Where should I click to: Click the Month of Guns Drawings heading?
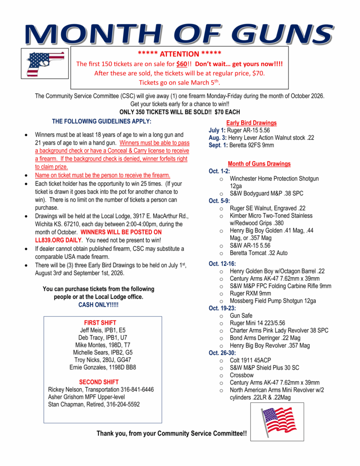pyautogui.click(x=259, y=164)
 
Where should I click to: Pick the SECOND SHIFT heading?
pyautogui.click(x=99, y=382)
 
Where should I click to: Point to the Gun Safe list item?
pyautogui.click(x=241, y=315)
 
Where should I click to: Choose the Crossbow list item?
pyautogui.click(x=242, y=375)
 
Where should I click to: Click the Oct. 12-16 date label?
pyautogui.click(x=222, y=263)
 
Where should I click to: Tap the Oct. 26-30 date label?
pyautogui.click(x=222, y=353)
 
